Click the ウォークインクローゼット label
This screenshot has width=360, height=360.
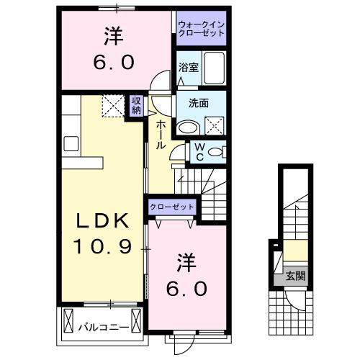(202, 31)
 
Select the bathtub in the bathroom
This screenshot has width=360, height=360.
(214, 68)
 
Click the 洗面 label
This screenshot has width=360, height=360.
(199, 102)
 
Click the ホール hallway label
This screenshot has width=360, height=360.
(160, 135)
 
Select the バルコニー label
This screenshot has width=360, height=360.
(104, 328)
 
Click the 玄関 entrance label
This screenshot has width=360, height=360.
(296, 275)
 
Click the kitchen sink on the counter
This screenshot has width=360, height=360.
(71, 143)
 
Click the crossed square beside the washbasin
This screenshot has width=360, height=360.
(215, 127)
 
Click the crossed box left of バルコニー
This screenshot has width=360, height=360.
(69, 318)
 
